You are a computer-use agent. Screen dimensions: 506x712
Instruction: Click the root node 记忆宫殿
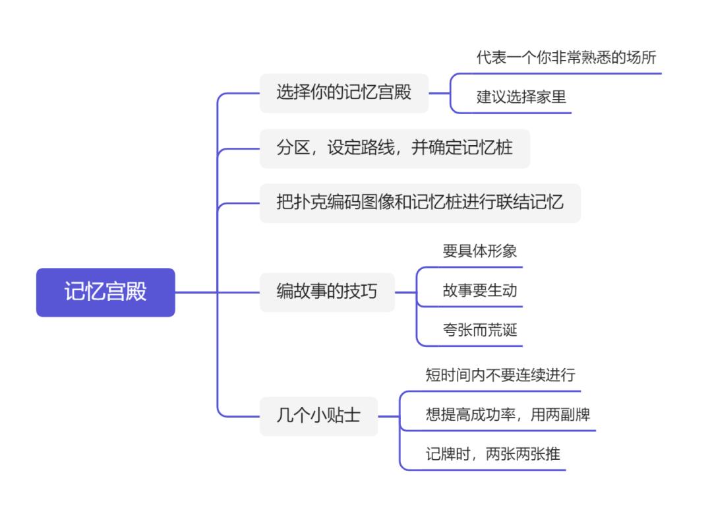coord(105,292)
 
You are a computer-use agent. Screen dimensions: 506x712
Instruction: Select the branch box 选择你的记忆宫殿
coord(343,92)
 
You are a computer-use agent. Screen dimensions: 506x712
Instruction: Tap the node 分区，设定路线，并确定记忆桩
coord(394,148)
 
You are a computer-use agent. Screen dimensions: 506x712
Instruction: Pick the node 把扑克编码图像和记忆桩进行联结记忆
coord(420,203)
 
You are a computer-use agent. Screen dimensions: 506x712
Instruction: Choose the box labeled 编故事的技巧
coord(327,292)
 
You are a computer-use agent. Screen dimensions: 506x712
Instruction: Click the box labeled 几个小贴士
coord(318,416)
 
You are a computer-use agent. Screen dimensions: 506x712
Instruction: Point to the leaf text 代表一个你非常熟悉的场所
coord(566,57)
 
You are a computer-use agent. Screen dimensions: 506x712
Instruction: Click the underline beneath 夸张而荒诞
coord(469,346)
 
